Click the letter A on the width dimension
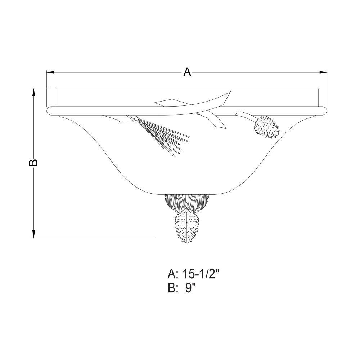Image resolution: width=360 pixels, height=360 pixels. pyautogui.click(x=187, y=72)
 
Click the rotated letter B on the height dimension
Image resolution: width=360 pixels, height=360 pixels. pyautogui.click(x=33, y=162)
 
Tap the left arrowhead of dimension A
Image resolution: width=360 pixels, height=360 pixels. pyautogui.click(x=50, y=72)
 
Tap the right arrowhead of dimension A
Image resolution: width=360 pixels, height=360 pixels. pyautogui.click(x=324, y=72)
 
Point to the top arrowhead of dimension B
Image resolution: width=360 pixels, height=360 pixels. pyautogui.click(x=34, y=93)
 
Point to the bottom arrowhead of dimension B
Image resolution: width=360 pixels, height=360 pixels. pyautogui.click(x=34, y=234)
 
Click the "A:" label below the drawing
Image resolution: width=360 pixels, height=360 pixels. pyautogui.click(x=173, y=274)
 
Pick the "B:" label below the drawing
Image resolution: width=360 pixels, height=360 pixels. pyautogui.click(x=173, y=288)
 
